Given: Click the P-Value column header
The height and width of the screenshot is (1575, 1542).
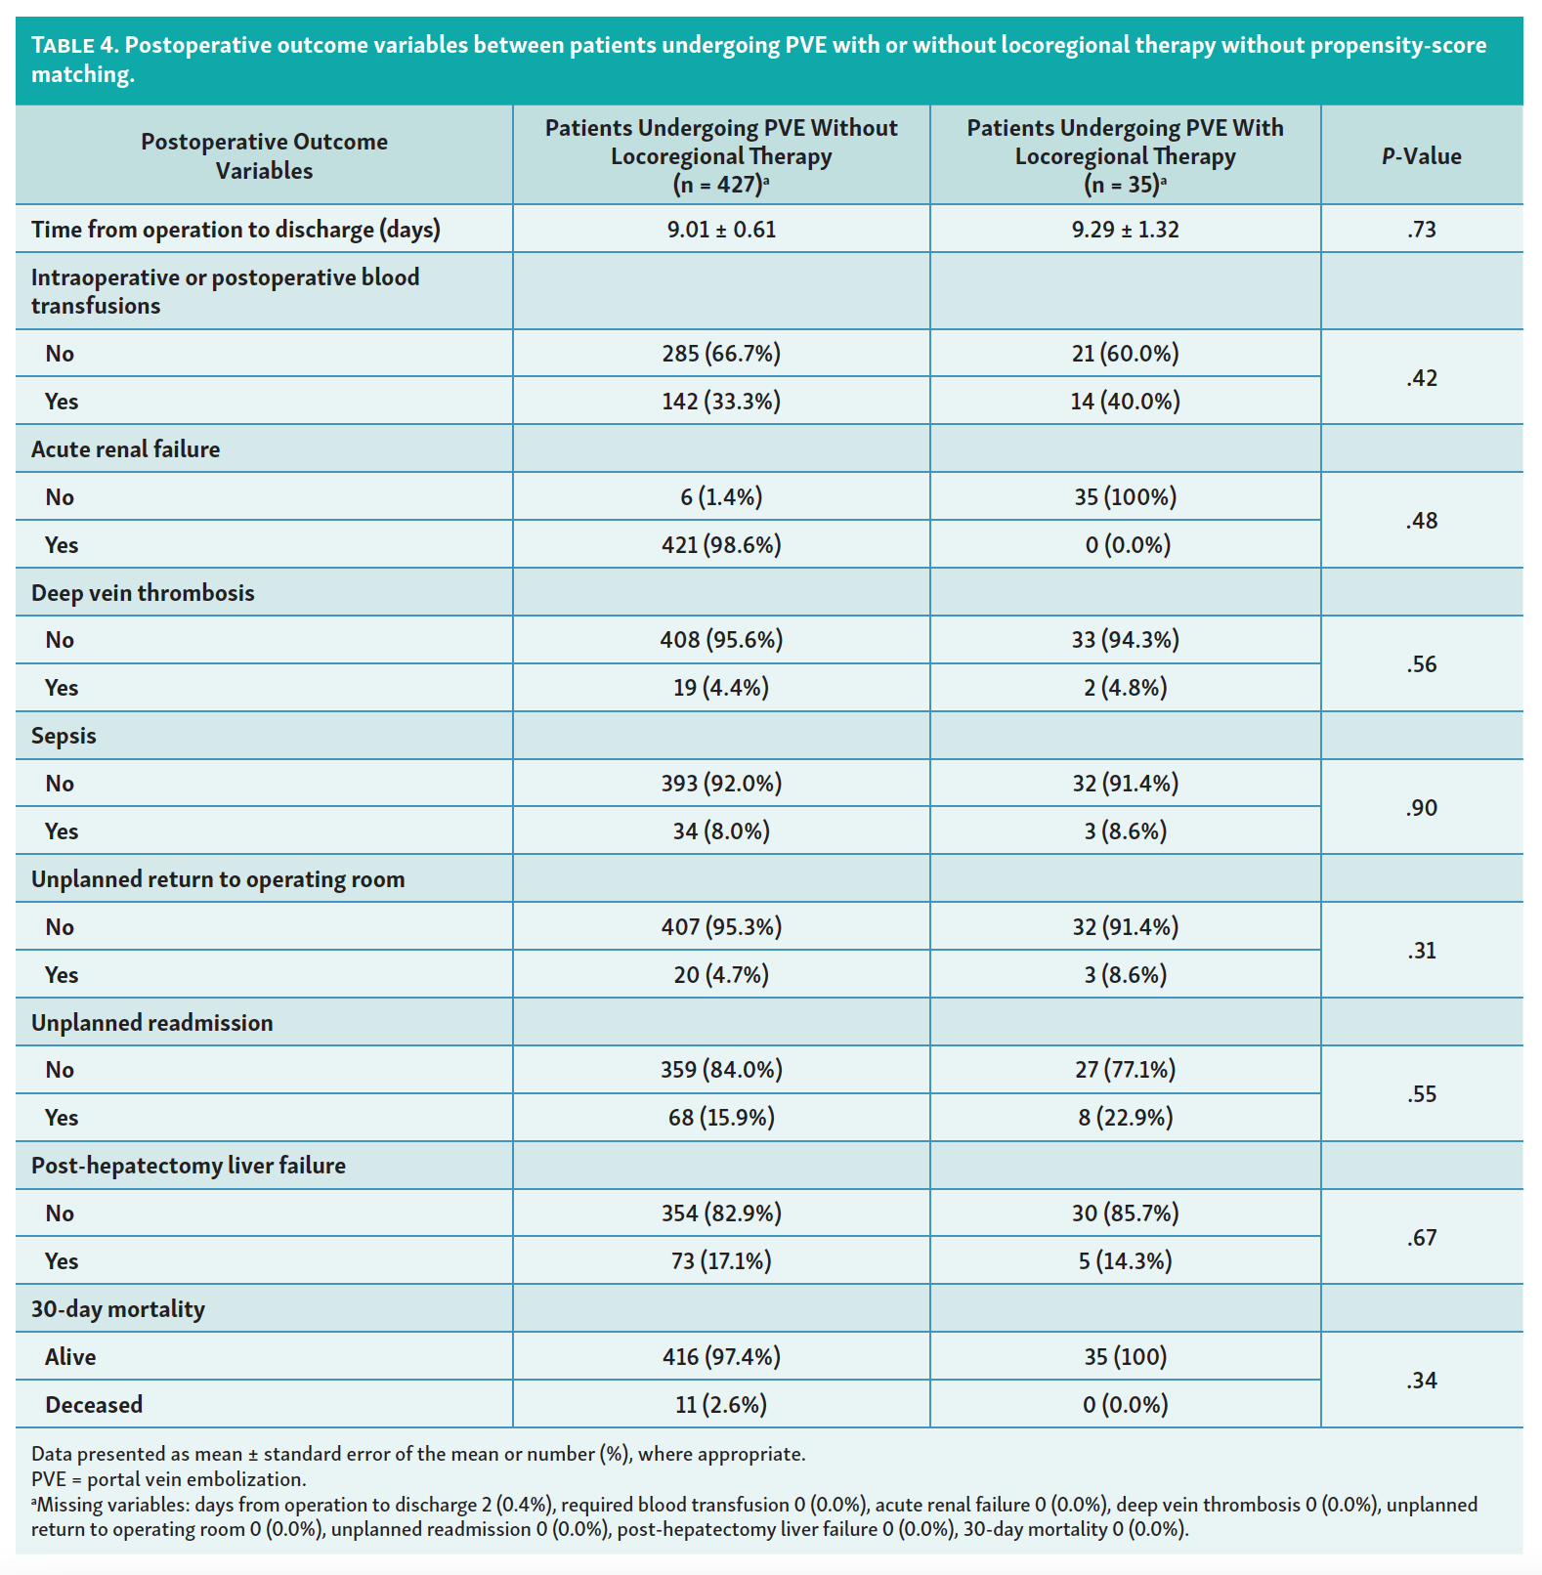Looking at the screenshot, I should tap(1421, 156).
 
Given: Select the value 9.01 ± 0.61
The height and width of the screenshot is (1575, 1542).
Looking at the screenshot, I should tap(721, 230).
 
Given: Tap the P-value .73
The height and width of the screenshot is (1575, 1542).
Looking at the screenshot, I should tap(1421, 230).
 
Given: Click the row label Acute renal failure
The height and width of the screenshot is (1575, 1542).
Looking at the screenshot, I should tap(125, 449).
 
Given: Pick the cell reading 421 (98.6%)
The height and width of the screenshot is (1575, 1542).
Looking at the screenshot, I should tap(721, 545).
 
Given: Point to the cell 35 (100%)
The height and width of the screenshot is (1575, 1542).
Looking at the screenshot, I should tap(1125, 497).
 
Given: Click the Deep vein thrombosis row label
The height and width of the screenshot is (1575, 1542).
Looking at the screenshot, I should tap(143, 593).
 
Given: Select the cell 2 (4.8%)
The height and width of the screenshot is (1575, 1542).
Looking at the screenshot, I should tap(1125, 688).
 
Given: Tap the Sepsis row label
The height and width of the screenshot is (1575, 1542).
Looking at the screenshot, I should tap(64, 736).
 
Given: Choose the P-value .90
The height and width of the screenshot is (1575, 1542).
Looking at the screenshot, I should tap(1421, 808).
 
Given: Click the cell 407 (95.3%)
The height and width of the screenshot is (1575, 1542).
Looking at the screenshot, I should tap(721, 927).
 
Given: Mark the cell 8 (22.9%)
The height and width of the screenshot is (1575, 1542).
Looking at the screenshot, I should tap(1125, 1118).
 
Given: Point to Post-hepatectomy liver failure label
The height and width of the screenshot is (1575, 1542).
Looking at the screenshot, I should tap(189, 1166).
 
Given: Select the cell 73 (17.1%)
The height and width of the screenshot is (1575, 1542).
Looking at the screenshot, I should tap(721, 1261).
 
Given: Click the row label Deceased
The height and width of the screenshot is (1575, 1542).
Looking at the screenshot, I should tap(94, 1405).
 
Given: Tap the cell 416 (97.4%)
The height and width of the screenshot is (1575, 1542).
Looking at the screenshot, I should tap(721, 1357).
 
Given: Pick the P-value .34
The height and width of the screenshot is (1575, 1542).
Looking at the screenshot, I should tap(1421, 1381).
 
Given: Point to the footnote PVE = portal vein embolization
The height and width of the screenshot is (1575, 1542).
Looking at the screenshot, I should tap(169, 1479).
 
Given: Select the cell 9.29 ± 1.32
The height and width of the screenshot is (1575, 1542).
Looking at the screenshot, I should tap(1125, 230).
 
